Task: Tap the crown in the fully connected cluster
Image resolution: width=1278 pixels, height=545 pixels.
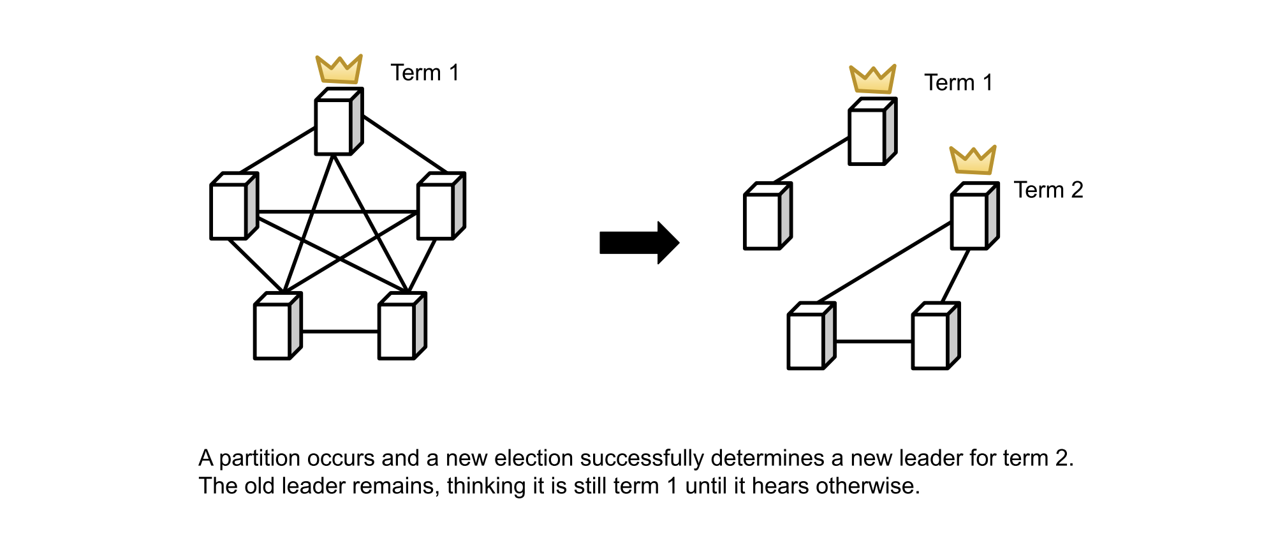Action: point(339,70)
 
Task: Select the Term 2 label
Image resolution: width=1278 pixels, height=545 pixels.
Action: point(1048,190)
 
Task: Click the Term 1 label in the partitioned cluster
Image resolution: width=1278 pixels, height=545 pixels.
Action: point(958,83)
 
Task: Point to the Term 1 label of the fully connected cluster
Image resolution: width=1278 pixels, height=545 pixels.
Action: point(425,73)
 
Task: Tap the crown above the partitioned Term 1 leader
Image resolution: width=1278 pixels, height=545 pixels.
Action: point(872,80)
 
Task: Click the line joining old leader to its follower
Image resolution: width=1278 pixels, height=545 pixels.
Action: point(811,160)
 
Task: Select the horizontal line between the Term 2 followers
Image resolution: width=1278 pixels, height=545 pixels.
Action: point(873,341)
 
